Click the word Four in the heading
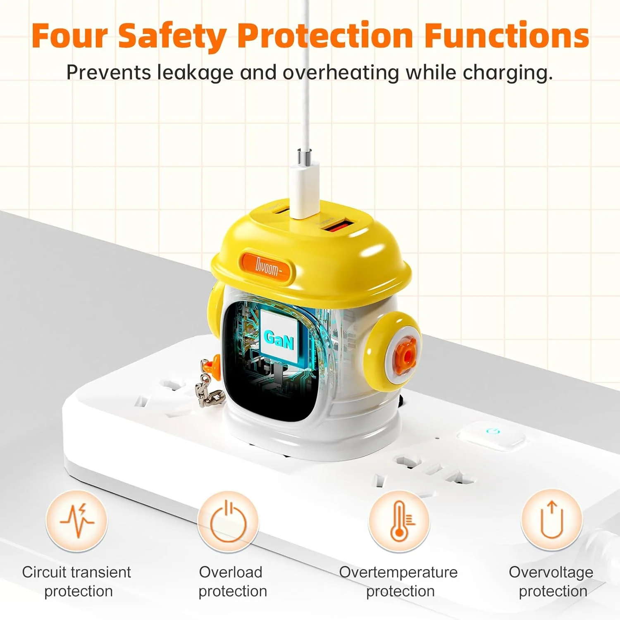(x=69, y=36)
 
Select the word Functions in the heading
(x=507, y=36)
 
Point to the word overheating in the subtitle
(x=341, y=73)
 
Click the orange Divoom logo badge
(x=267, y=268)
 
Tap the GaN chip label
(x=279, y=339)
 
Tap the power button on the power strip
(x=491, y=435)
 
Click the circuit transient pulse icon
(x=76, y=521)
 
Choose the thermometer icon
(x=399, y=521)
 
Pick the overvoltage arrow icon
(x=552, y=520)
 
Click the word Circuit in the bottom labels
(x=44, y=572)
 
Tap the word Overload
(x=231, y=572)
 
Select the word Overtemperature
(x=398, y=572)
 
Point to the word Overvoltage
(x=551, y=572)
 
